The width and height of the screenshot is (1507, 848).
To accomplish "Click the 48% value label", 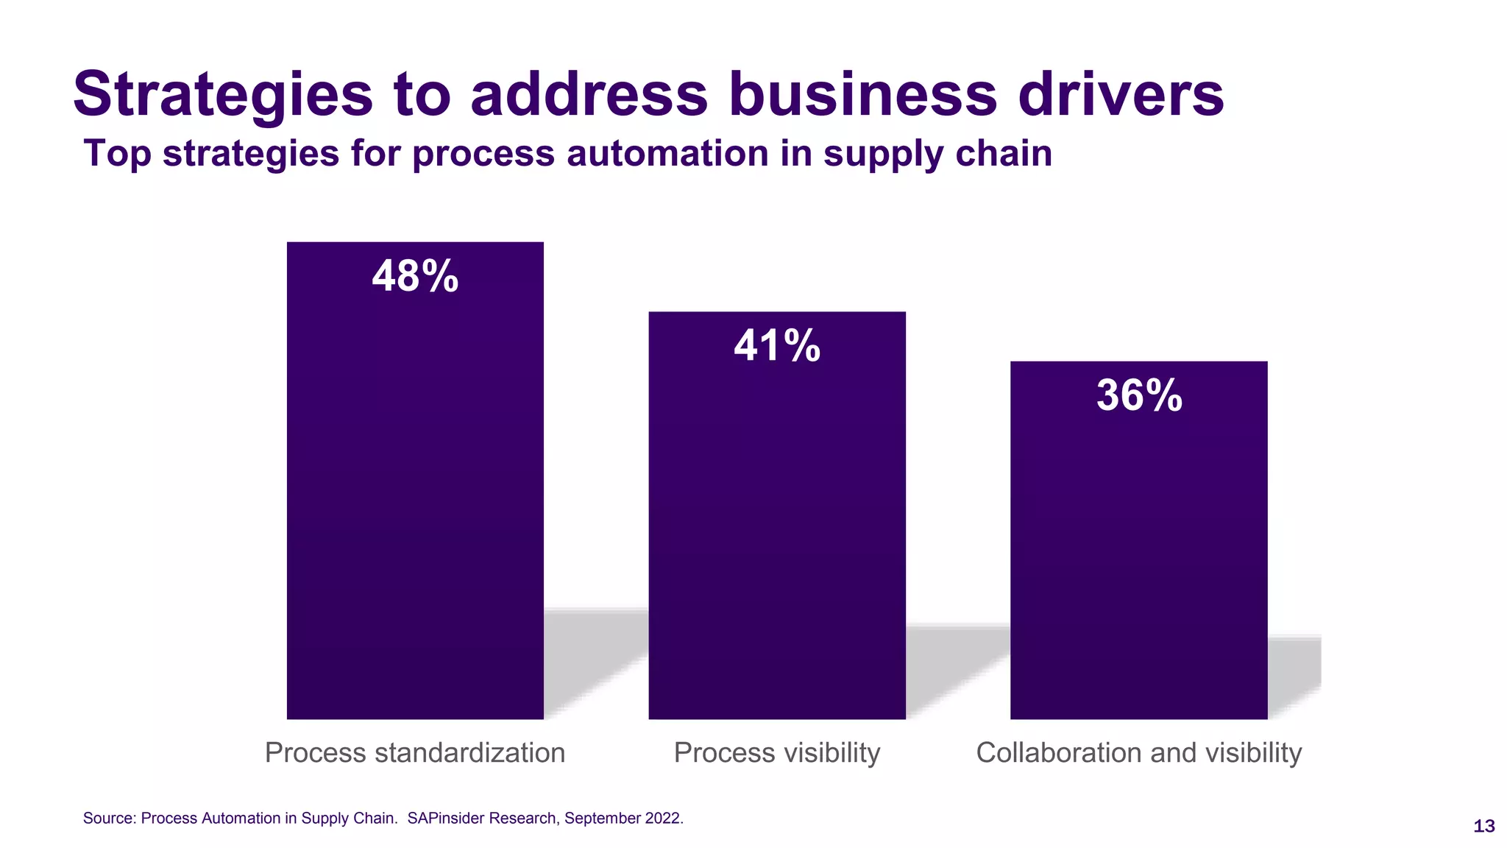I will coord(415,277).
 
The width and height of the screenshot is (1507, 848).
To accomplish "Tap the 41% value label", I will coord(777,346).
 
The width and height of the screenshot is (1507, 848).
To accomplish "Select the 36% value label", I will coord(1139,395).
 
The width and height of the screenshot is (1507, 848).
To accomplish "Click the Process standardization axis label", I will coord(415,752).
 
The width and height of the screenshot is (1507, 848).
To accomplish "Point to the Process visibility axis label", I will coord(777,752).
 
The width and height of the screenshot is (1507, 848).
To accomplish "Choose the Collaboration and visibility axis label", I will coord(1139,752).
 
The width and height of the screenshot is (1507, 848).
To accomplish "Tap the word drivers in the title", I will coord(1121,94).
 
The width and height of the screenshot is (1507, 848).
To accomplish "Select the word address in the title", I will coord(589,94).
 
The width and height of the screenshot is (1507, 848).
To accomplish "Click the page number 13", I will coord(1484,827).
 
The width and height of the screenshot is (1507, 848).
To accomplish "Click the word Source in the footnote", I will coord(107,819).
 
